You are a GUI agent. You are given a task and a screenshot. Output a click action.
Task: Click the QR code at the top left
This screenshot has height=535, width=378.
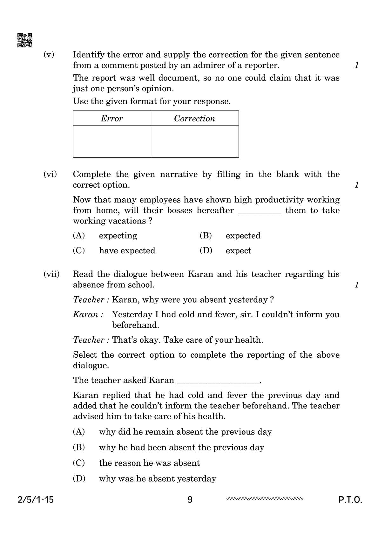pyautogui.click(x=24, y=40)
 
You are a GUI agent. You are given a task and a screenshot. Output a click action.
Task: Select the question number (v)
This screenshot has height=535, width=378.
pyautogui.click(x=49, y=55)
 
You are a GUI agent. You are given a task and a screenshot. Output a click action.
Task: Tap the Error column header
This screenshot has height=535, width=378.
pyautogui.click(x=112, y=119)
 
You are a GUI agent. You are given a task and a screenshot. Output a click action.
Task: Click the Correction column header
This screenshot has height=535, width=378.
pyautogui.click(x=194, y=119)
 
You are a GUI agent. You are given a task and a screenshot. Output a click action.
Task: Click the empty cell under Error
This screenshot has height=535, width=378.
pyautogui.click(x=112, y=141)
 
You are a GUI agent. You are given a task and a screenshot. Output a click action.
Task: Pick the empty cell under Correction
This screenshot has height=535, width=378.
pyautogui.click(x=195, y=141)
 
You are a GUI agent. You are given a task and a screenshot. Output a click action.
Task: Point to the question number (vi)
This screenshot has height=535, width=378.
pyautogui.click(x=50, y=174)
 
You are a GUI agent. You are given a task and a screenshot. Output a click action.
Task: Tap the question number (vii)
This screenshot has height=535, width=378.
pyautogui.click(x=51, y=274)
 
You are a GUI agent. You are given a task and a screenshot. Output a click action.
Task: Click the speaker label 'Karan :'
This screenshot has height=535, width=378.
pyautogui.click(x=88, y=314)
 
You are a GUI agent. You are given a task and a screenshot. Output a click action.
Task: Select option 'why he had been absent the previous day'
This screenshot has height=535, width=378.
pyautogui.click(x=181, y=447)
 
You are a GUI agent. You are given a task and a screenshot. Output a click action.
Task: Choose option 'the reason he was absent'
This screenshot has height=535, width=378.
pyautogui.click(x=149, y=463)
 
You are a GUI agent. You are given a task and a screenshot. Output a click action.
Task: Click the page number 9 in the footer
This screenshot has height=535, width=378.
pyautogui.click(x=190, y=500)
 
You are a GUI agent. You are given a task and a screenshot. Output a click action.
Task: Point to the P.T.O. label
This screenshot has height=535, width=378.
pyautogui.click(x=350, y=500)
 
